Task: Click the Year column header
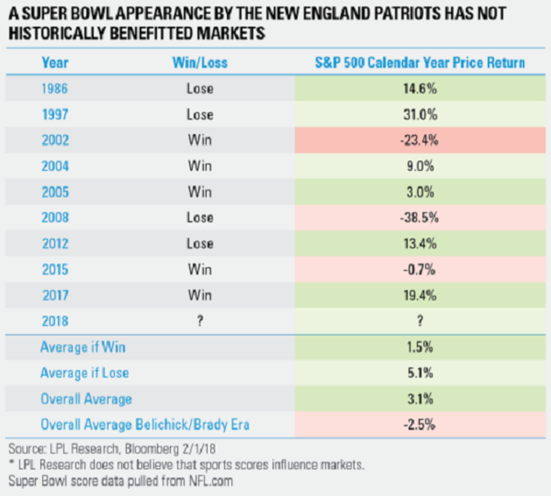[x=55, y=62]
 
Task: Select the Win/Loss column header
[x=200, y=62]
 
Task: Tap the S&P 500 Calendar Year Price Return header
[x=420, y=62]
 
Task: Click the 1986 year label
[x=55, y=88]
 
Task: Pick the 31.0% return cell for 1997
[x=420, y=114]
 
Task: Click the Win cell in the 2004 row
[x=200, y=166]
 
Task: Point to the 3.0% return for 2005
[x=420, y=192]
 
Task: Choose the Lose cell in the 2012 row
[x=200, y=243]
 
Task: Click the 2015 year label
[x=55, y=270]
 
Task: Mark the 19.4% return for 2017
[x=420, y=295]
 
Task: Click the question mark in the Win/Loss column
[x=200, y=321]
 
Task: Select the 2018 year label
[x=55, y=321]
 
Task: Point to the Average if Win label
[x=83, y=347]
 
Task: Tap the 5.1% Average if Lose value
[x=420, y=373]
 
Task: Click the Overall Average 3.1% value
[x=420, y=399]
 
